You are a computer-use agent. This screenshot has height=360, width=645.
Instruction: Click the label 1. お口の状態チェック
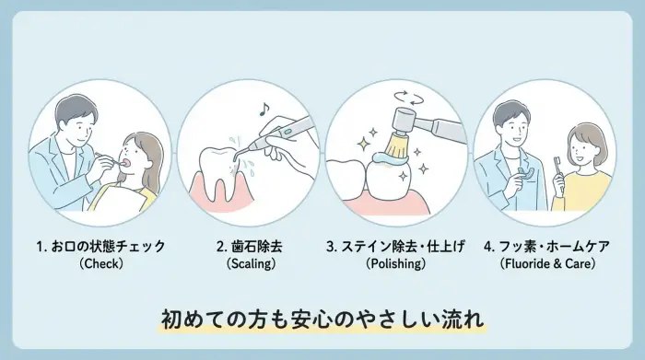pos(101,247)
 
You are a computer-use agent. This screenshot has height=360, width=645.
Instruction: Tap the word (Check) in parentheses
pos(101,264)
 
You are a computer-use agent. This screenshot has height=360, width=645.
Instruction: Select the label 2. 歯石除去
pos(250,247)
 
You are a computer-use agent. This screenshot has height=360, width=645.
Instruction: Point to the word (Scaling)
pos(250,264)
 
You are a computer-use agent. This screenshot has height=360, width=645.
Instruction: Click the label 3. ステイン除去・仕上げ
pos(396,247)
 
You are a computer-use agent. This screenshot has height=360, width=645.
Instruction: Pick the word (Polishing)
pos(396,264)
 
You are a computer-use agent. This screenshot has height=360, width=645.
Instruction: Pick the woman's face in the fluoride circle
pos(580,145)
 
